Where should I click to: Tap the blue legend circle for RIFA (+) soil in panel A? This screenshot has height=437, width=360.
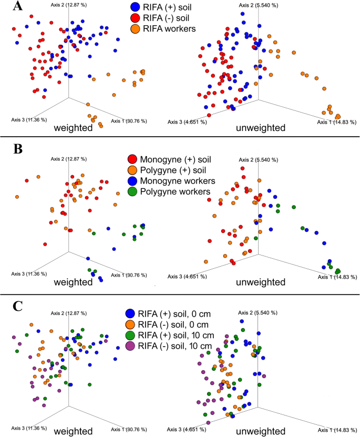(x=135, y=7)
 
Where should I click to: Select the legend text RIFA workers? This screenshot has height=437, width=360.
(x=169, y=28)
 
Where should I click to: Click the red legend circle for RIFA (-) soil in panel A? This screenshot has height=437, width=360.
(x=135, y=18)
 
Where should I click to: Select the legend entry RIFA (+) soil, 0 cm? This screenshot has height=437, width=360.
(x=171, y=312)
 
